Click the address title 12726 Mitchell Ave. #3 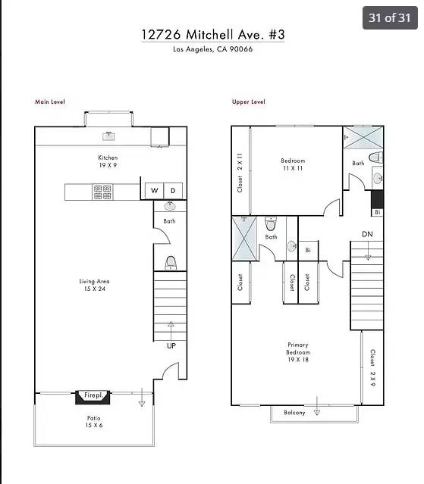212,35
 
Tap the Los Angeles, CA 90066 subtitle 212,49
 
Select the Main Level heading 50,101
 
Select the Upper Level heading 248,101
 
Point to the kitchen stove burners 102,192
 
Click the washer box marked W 154,191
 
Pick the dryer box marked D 173,191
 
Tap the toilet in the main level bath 171,262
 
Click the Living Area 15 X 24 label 95,285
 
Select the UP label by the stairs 171,345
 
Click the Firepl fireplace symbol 93,395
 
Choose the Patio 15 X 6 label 94,421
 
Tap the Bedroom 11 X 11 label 293,164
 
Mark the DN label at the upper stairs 367,234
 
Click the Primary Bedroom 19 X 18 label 298,352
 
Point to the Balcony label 294,413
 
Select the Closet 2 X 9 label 372,367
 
